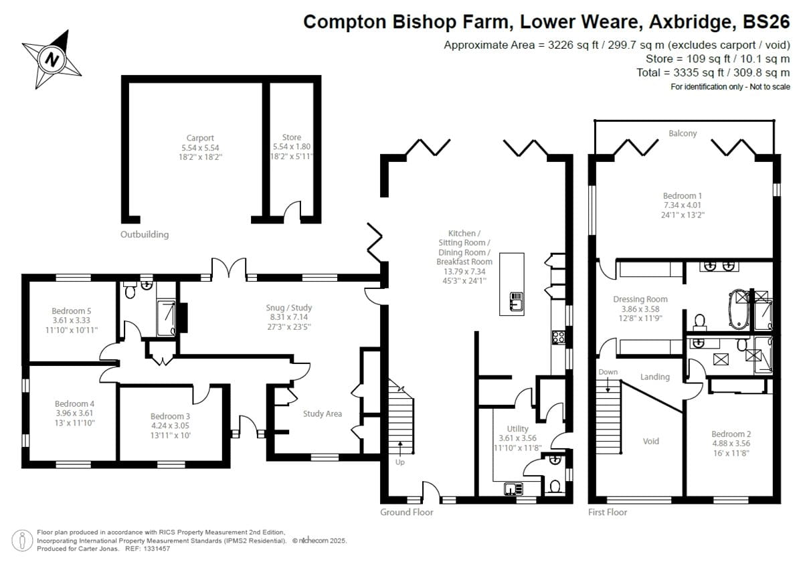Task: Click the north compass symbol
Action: click(x=53, y=60)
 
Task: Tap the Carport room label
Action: click(x=200, y=138)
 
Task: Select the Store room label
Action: click(x=291, y=137)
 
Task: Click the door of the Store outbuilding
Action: click(x=292, y=212)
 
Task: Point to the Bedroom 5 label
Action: click(x=72, y=310)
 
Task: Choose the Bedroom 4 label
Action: click(x=74, y=403)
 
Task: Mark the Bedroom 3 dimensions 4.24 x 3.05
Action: click(x=171, y=426)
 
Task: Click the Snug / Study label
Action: click(x=289, y=307)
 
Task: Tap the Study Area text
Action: click(x=322, y=413)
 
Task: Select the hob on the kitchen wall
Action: click(x=558, y=338)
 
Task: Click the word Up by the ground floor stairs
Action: click(x=400, y=462)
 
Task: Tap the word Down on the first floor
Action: click(x=608, y=372)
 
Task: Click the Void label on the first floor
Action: click(x=650, y=441)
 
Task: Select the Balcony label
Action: click(x=683, y=133)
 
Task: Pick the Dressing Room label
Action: click(x=640, y=299)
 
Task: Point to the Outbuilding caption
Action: click(x=145, y=234)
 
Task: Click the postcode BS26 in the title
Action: click(x=768, y=22)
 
